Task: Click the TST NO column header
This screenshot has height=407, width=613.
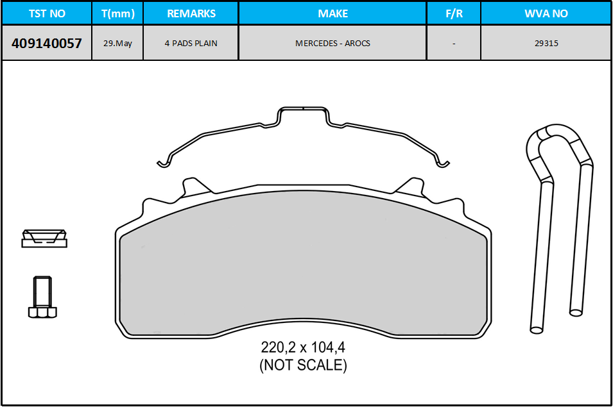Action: pos(47,13)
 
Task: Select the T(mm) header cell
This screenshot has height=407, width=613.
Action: pos(117,13)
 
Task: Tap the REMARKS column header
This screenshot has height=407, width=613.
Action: pos(191,13)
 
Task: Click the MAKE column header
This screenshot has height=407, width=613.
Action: pos(332,13)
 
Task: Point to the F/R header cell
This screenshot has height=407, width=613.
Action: pos(454,13)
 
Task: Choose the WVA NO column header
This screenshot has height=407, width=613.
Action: pos(546,13)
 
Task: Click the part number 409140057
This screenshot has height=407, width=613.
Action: pos(47,44)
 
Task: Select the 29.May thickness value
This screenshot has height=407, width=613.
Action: pos(117,44)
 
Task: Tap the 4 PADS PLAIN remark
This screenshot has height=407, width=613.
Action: pos(191,44)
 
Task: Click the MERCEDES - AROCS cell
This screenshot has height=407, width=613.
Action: pos(332,44)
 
